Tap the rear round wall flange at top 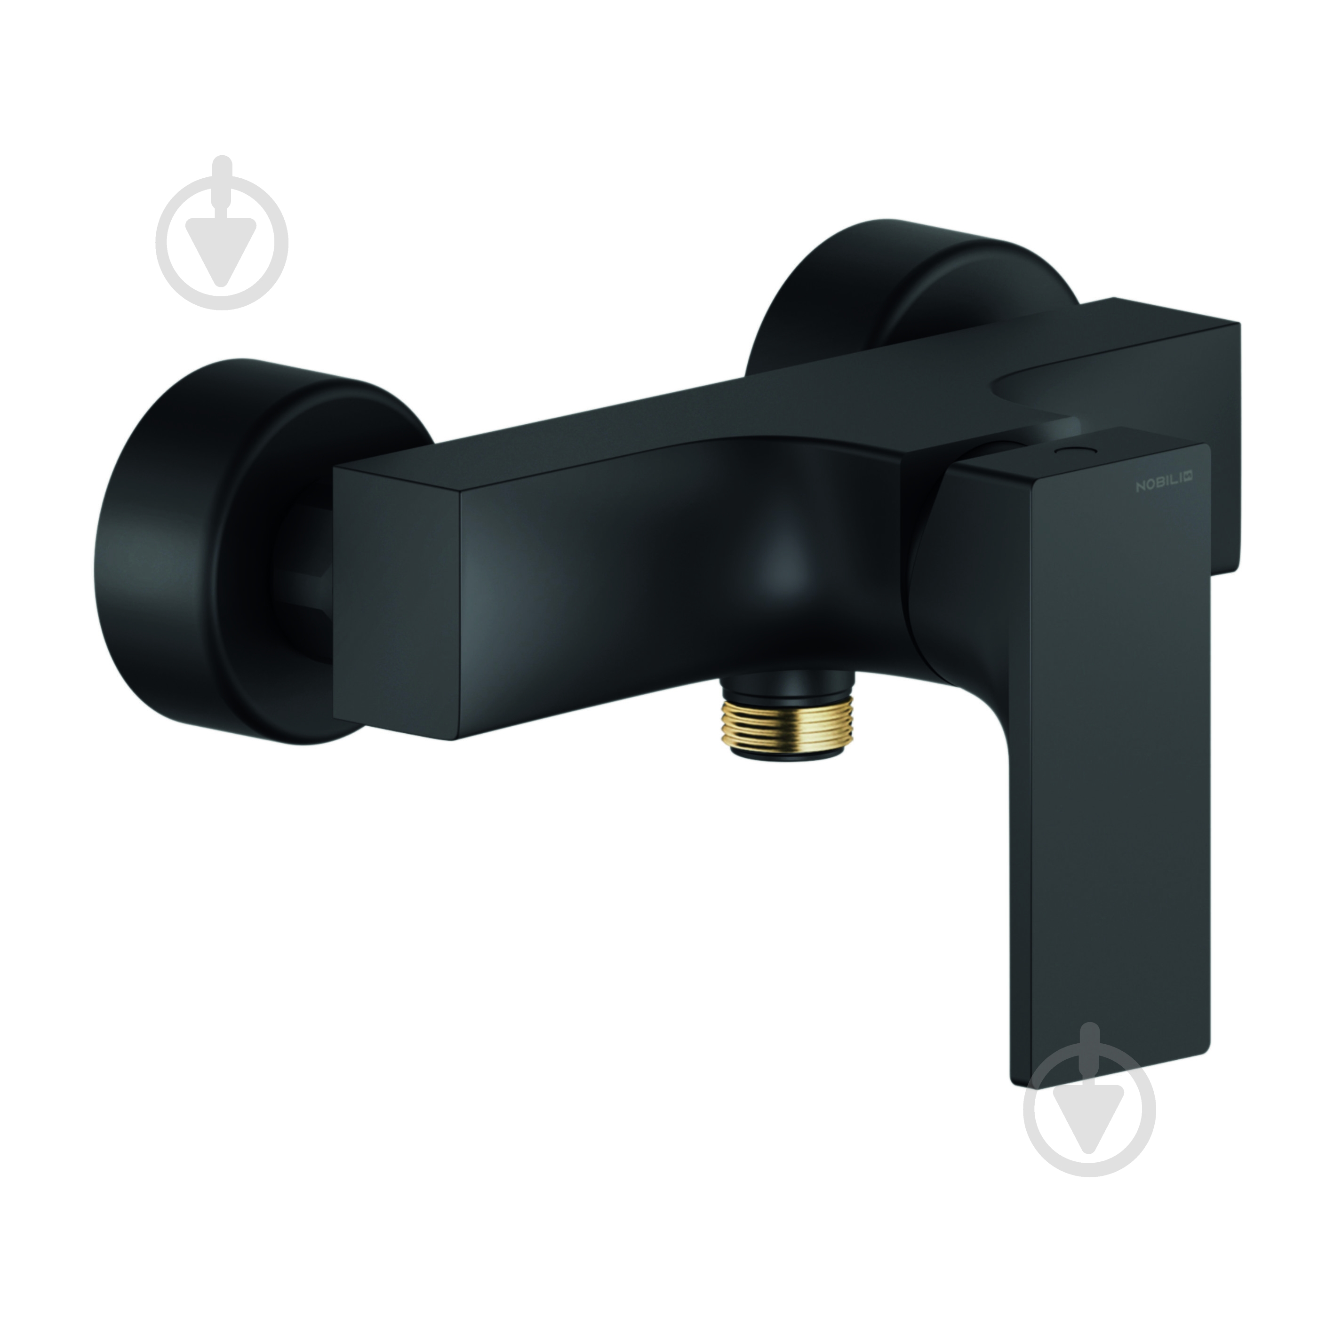tap(898, 297)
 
